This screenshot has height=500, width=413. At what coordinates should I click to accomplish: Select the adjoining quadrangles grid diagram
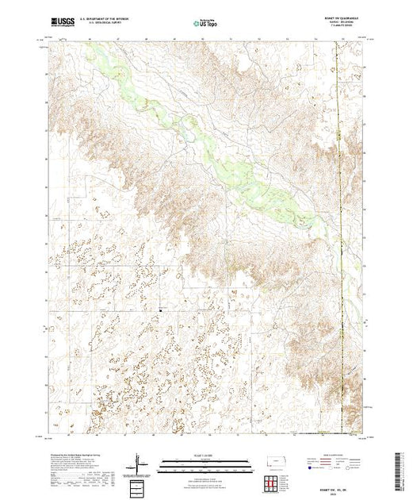tap(273, 483)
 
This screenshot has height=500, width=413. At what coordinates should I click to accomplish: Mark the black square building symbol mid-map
tap(159, 309)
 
